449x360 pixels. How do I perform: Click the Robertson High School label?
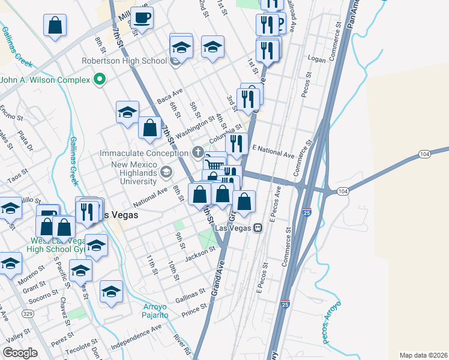pyautogui.click(x=125, y=61)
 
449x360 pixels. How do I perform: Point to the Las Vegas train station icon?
pyautogui.click(x=258, y=228)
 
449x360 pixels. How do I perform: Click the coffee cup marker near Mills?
pyautogui.click(x=142, y=17)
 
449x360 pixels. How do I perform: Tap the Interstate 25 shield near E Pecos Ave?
pyautogui.click(x=307, y=212)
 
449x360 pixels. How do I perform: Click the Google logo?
pyautogui.click(x=20, y=352)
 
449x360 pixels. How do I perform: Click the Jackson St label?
pyautogui.click(x=200, y=254)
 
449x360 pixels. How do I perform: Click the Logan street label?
pyautogui.click(x=316, y=59)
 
